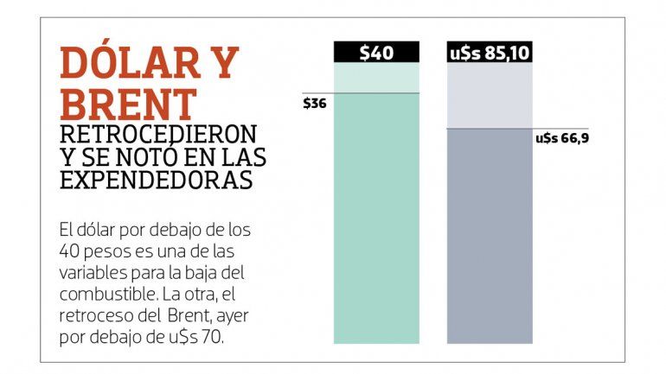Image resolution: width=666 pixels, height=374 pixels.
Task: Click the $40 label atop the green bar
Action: (376, 53)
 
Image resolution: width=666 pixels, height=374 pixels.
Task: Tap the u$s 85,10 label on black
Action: (490, 53)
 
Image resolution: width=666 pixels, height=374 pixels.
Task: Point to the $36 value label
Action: (315, 104)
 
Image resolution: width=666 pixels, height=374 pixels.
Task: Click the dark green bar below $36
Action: (376, 216)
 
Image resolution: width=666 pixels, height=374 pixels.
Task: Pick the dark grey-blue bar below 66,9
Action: (490, 233)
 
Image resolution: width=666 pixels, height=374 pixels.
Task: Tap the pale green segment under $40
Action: (376, 77)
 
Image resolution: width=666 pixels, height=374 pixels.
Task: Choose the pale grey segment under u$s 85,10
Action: (490, 95)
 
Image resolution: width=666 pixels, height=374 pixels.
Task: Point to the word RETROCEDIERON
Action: (158, 135)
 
